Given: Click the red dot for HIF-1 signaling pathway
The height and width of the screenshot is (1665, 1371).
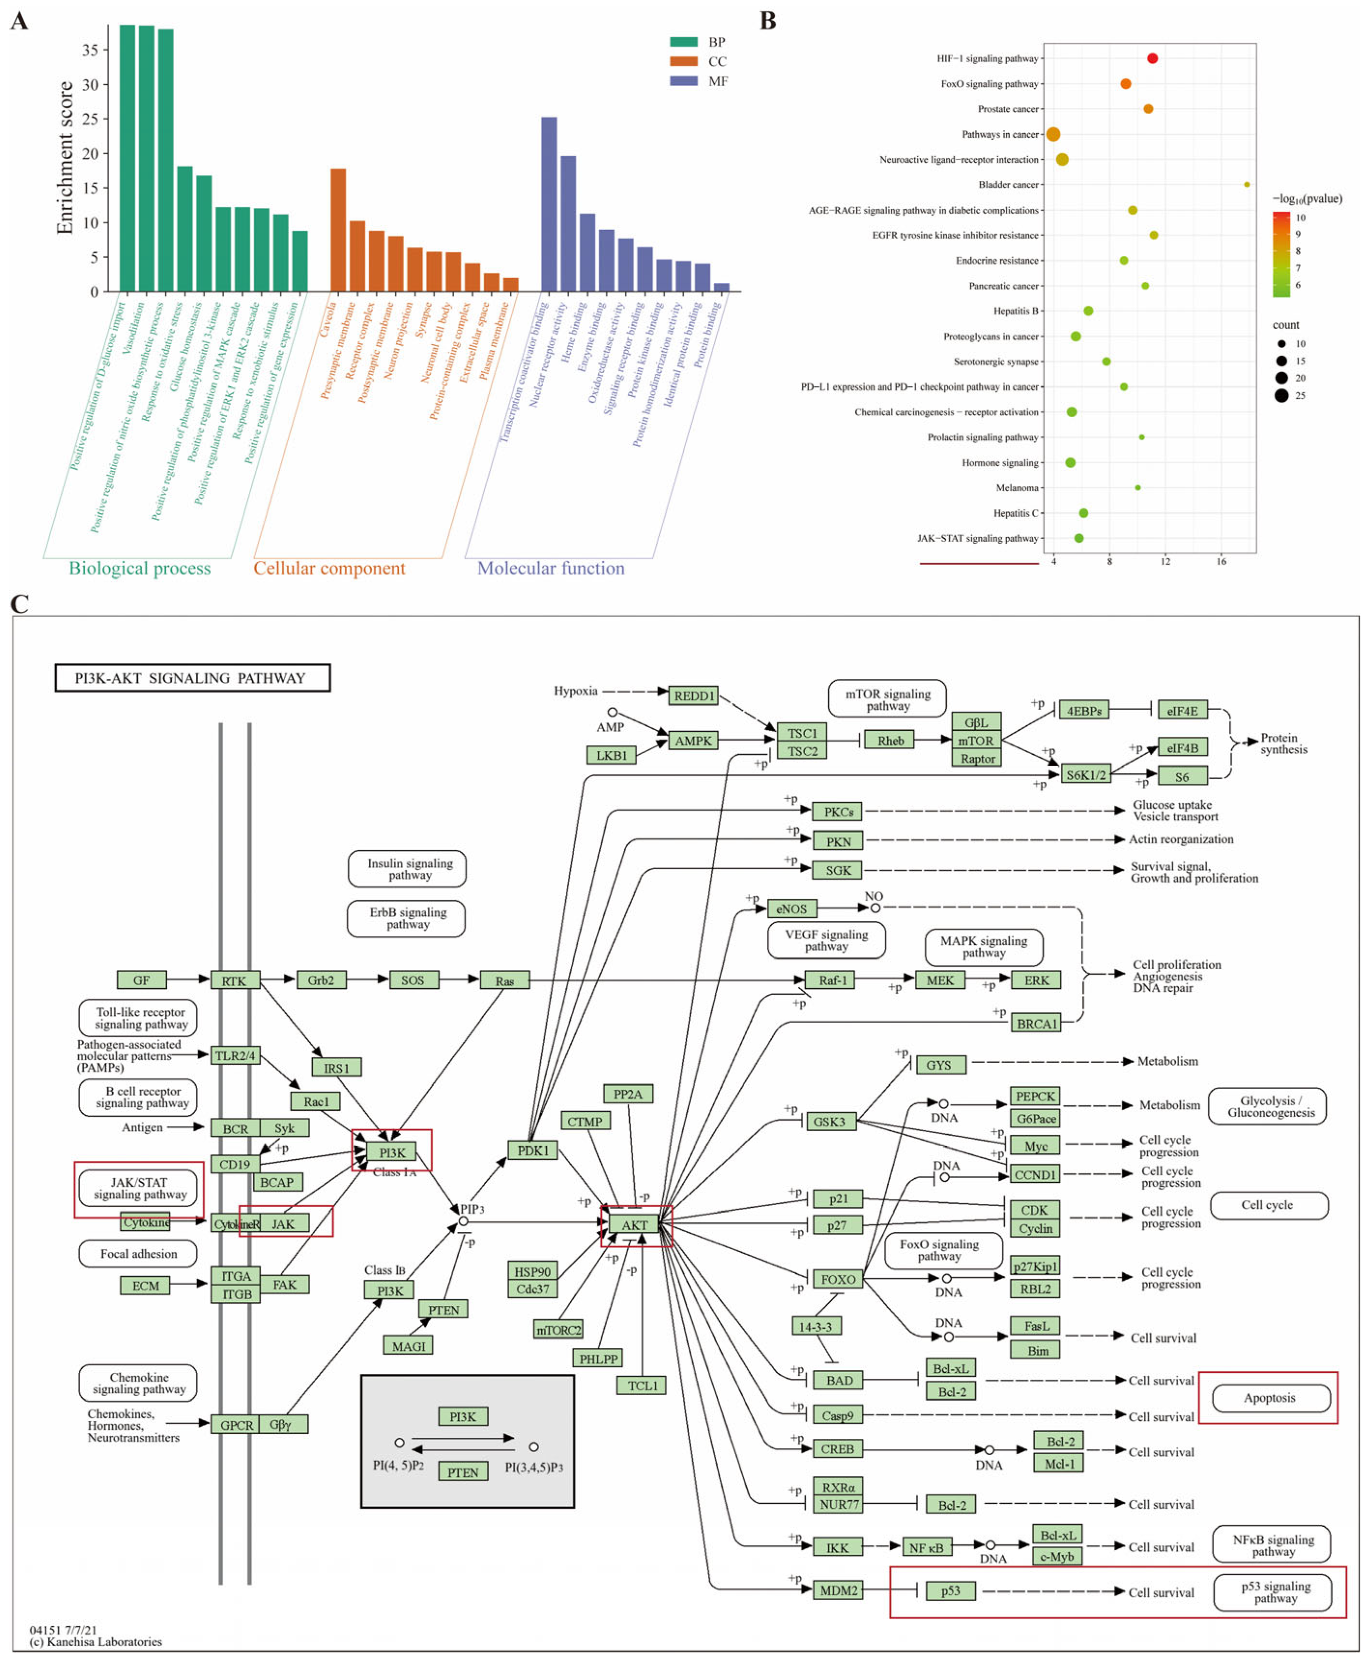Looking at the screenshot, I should (1152, 58).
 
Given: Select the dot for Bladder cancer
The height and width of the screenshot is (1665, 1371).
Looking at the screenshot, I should (1247, 185).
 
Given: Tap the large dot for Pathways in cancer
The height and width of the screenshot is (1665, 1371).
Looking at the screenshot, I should (1053, 134).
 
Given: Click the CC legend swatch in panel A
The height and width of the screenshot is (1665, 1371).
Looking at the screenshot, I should (683, 61).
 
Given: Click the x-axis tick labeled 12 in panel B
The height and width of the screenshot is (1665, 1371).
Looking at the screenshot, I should (1165, 562).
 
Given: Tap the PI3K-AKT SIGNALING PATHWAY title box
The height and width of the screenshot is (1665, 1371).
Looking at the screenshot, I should (192, 678).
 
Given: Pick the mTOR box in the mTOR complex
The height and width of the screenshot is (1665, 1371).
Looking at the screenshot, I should (976, 741).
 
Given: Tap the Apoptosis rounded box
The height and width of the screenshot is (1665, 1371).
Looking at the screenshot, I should (1270, 1398).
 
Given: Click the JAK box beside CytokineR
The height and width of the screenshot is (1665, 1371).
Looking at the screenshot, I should (283, 1224).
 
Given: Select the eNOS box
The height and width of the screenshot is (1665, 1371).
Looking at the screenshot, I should (791, 909).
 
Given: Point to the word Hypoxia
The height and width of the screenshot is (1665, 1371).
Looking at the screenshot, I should (575, 691).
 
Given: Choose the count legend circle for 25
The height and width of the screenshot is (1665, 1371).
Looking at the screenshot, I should (1281, 396).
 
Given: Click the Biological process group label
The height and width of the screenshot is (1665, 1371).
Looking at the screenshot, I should (140, 569).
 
